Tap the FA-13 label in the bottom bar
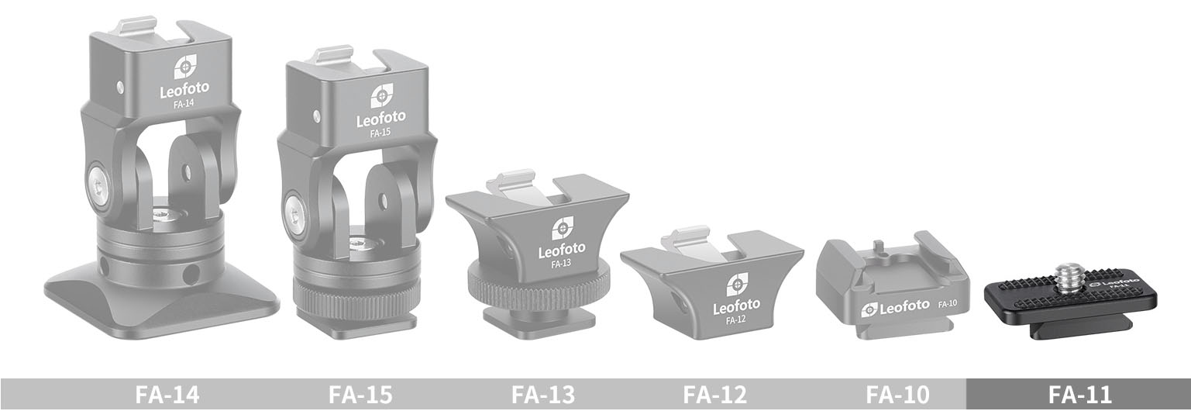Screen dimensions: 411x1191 [x=543, y=395]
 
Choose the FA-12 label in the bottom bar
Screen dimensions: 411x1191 [x=715, y=395]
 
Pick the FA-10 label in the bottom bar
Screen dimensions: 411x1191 [x=897, y=395]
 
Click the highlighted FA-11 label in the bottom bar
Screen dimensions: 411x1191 [x=1079, y=395]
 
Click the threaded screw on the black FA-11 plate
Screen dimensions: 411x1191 [x=1069, y=275]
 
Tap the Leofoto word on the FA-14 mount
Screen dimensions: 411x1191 [x=184, y=91]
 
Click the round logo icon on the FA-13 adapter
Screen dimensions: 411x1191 [x=562, y=228]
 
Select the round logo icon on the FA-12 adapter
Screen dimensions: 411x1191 [x=737, y=284]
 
